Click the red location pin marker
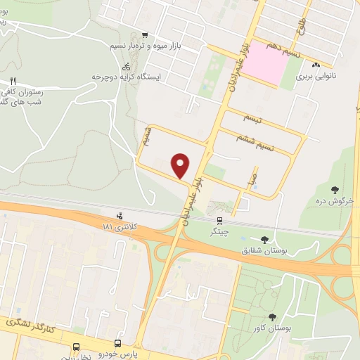tap(181, 166)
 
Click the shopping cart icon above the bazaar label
tap(145, 35)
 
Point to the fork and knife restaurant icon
tap(13, 82)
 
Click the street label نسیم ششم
tap(278, 141)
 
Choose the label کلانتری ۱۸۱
tap(117, 227)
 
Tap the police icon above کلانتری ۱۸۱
tap(120, 216)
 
